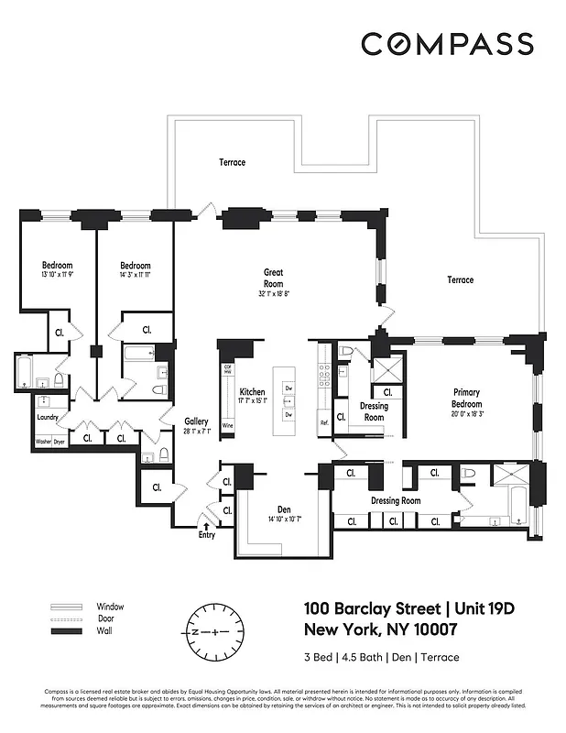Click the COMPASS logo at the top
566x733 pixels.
[447, 43]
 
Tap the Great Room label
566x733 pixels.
[272, 278]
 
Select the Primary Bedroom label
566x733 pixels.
[466, 398]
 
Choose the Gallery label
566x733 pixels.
[197, 422]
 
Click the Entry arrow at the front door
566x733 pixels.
[206, 528]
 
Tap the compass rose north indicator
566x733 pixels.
[195, 632]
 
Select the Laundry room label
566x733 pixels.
[48, 417]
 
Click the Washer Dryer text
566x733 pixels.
[49, 442]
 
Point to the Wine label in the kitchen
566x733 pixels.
[226, 426]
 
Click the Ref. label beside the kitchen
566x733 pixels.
[323, 422]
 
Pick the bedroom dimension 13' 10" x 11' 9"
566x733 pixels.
[51, 274]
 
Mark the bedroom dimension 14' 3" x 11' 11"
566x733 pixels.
[135, 274]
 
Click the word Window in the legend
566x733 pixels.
[110, 607]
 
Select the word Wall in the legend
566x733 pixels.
[104, 632]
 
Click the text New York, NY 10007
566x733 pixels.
[379, 630]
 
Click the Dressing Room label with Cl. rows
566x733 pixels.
[395, 500]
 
